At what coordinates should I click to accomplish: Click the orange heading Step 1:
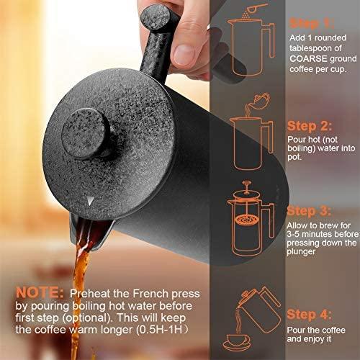pyautogui.click(x=312, y=24)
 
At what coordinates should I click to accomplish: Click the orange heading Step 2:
pyautogui.click(x=310, y=126)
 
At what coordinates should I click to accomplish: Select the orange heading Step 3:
pyautogui.click(x=309, y=211)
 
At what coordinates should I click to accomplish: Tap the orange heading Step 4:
pyautogui.click(x=310, y=315)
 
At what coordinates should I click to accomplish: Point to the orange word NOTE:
pyautogui.click(x=40, y=293)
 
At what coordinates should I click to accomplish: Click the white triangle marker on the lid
pyautogui.click(x=90, y=201)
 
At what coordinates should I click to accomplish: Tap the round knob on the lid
pyautogui.click(x=86, y=133)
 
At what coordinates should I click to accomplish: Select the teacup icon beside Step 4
pyautogui.click(x=236, y=342)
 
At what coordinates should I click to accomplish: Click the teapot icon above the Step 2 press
pyautogui.click(x=261, y=99)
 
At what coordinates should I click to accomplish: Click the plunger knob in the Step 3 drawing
pyautogui.click(x=246, y=184)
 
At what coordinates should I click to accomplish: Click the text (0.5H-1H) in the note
pyautogui.click(x=162, y=330)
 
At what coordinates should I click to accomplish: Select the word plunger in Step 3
pyautogui.click(x=301, y=252)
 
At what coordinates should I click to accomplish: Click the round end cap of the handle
pyautogui.click(x=156, y=17)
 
